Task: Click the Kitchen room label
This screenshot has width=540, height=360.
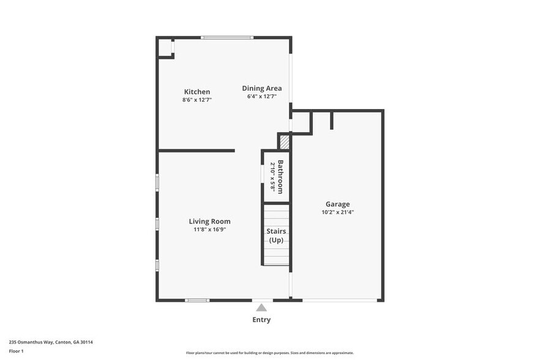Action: pos(197,92)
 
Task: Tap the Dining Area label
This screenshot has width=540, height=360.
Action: pos(261,88)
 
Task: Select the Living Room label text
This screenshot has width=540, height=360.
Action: pos(209,221)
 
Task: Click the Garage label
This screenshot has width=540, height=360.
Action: pos(337,204)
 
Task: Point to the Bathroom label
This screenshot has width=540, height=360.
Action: pos(280,177)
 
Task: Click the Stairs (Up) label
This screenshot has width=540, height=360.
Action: pos(276,235)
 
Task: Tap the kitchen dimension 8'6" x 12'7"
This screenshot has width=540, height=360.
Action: pos(197,99)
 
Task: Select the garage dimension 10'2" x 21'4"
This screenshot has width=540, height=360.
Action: pos(338,212)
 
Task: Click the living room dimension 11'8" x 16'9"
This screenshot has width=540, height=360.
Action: pos(209,229)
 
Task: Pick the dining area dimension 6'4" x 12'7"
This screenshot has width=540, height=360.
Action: pos(262,96)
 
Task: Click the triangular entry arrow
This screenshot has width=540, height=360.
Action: pos(261,308)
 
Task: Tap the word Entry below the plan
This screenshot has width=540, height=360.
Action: pos(261,320)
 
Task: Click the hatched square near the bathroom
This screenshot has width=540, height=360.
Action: pos(284,142)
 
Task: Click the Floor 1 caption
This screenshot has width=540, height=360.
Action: pos(16,351)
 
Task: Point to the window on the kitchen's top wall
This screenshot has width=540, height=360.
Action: pos(227,38)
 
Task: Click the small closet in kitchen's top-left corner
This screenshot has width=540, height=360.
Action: pos(165,48)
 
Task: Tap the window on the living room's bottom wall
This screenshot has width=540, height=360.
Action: pos(197,300)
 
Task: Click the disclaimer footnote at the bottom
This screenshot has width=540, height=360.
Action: pos(269,353)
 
